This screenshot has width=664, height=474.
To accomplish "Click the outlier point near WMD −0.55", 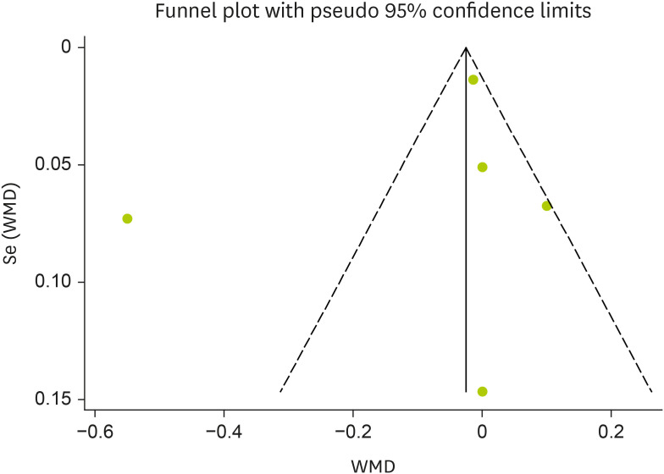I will click(127, 218).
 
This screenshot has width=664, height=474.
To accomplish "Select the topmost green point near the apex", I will click(473, 80).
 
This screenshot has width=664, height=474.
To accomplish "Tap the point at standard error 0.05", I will click(482, 167).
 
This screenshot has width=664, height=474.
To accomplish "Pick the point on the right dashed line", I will click(547, 206).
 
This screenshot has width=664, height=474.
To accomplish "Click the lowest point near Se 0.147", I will click(482, 391).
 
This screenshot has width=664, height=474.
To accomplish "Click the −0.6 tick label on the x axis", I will click(94, 431).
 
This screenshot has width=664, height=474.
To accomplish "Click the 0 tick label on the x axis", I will click(482, 431).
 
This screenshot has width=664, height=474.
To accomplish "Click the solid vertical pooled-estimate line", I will click(466, 254).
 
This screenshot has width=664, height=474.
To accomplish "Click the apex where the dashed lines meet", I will click(466, 47).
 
